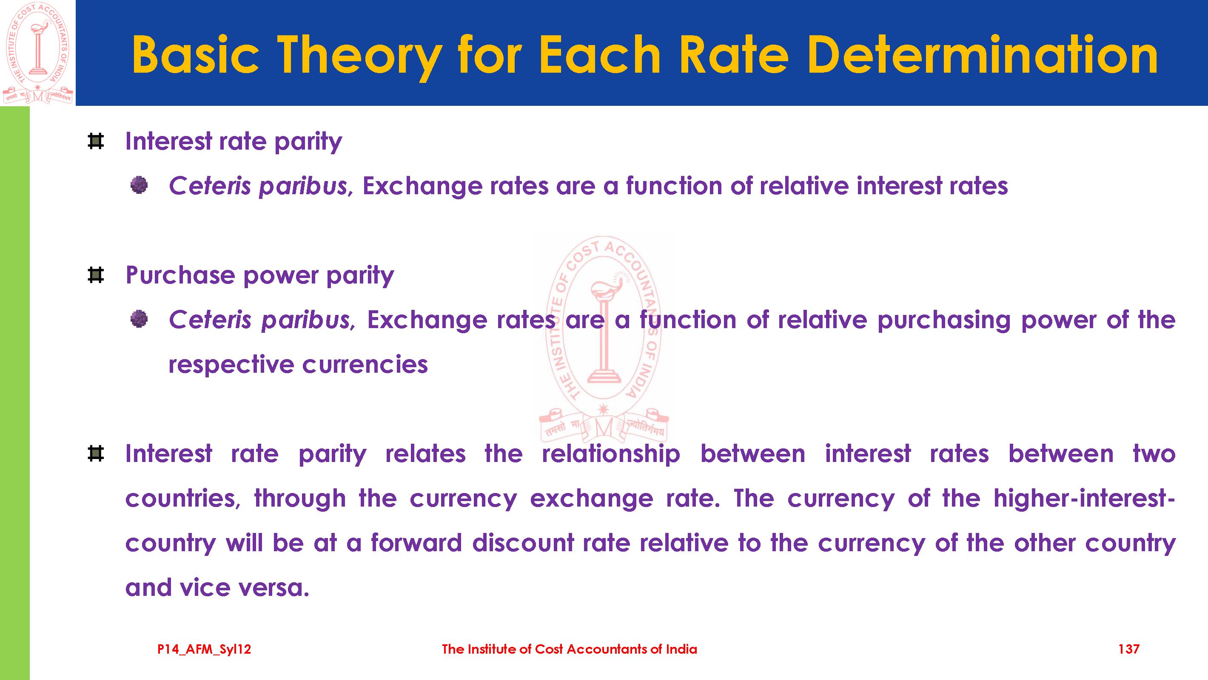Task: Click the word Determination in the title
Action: (983, 55)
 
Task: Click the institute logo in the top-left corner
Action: (37, 53)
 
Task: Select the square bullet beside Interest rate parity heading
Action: (96, 141)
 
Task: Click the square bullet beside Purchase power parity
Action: (96, 275)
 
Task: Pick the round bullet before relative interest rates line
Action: (139, 185)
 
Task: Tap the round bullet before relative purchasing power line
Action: (139, 319)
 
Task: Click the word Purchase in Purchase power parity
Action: (180, 275)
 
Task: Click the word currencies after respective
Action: (365, 365)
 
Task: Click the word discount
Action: (523, 543)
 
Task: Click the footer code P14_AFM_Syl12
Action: (204, 649)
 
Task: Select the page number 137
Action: (1129, 649)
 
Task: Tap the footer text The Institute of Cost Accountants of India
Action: (569, 649)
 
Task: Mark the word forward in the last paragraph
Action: (416, 543)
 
